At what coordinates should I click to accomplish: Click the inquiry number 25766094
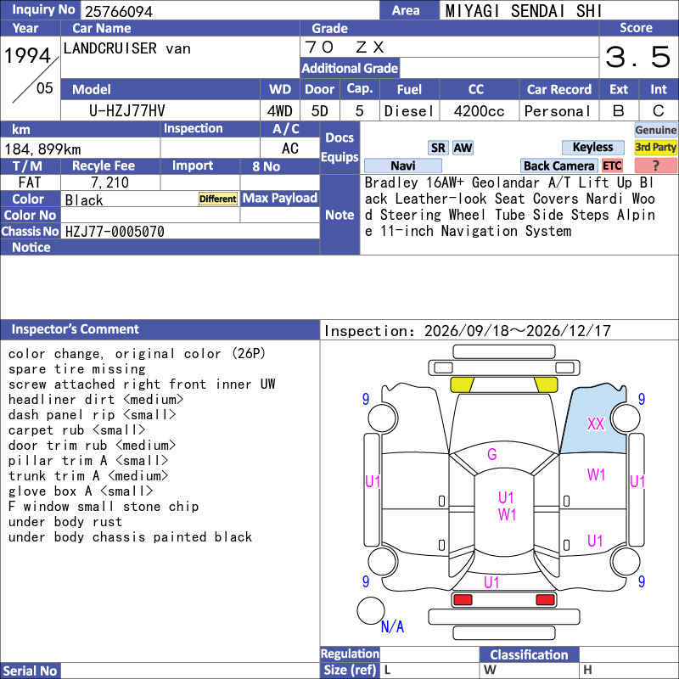pos(119,11)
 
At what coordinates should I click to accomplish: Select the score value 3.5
pos(638,57)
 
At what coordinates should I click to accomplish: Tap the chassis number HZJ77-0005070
pos(115,232)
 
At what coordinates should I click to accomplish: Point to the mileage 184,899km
pos(42,149)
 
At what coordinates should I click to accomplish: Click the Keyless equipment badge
pos(592,147)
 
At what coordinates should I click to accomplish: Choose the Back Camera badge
pos(558,166)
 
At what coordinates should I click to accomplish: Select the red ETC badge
pos(612,166)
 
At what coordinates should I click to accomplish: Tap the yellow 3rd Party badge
pos(655,147)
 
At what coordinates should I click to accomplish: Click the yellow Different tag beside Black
pos(218,199)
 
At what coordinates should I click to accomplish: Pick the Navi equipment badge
pos(402,166)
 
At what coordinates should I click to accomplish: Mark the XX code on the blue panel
pos(596,424)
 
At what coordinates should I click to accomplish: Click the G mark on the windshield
pos(492,454)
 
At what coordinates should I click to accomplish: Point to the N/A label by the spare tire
pos(392,626)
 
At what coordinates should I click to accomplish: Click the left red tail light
pos(463,600)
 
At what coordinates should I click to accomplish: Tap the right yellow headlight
pos(546,384)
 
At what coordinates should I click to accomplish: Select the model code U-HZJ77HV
pos(126,111)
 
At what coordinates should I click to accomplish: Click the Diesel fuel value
pos(409,111)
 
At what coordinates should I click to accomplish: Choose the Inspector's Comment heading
pos(76,329)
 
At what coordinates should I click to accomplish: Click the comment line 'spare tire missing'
pos(77,369)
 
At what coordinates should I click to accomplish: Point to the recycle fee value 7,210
pos(110,182)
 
